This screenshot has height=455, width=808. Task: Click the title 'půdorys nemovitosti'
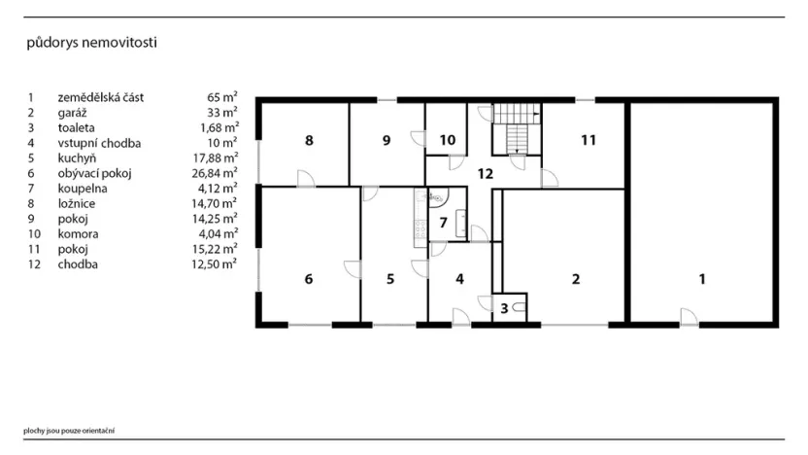pyautogui.click(x=91, y=43)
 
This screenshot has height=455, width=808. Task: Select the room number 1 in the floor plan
pyautogui.click(x=702, y=279)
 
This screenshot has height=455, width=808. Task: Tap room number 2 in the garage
pyautogui.click(x=575, y=279)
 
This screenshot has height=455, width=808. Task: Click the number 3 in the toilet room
pyautogui.click(x=504, y=308)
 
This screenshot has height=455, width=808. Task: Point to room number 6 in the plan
pyautogui.click(x=308, y=279)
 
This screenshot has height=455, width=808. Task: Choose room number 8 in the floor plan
pyautogui.click(x=308, y=141)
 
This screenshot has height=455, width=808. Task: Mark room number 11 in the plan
pyautogui.click(x=588, y=140)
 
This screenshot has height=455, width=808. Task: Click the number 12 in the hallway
pyautogui.click(x=486, y=173)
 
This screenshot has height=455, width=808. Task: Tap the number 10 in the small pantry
pyautogui.click(x=447, y=140)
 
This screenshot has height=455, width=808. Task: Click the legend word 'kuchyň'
pyautogui.click(x=75, y=158)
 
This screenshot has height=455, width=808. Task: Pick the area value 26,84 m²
pyautogui.click(x=215, y=173)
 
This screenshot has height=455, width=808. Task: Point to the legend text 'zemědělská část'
pyautogui.click(x=99, y=98)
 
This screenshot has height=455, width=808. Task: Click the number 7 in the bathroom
pyautogui.click(x=443, y=223)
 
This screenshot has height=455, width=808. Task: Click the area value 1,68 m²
pyautogui.click(x=216, y=128)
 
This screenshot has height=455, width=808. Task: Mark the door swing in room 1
pyautogui.click(x=688, y=315)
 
